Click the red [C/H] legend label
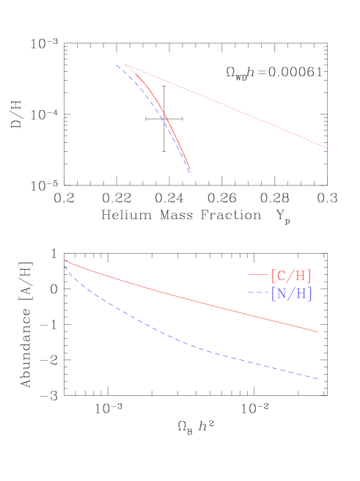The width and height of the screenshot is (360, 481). [x=291, y=276]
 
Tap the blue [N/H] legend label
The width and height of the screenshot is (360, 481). [x=292, y=294]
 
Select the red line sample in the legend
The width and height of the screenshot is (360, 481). [x=257, y=276]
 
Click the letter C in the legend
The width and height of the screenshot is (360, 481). [x=282, y=276]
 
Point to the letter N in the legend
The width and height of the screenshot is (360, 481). [x=282, y=294]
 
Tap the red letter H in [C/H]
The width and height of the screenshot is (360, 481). [x=301, y=276]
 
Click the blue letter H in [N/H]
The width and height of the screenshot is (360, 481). [x=301, y=294]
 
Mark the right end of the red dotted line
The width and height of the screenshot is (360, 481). [x=327, y=148]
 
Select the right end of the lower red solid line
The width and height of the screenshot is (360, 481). [x=318, y=332]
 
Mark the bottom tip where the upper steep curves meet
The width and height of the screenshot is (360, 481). [x=191, y=172]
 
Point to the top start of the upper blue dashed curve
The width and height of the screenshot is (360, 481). [x=116, y=65]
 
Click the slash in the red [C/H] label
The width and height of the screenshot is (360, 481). [x=291, y=276]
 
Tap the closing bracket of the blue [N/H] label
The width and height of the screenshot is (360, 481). [x=310, y=294]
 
